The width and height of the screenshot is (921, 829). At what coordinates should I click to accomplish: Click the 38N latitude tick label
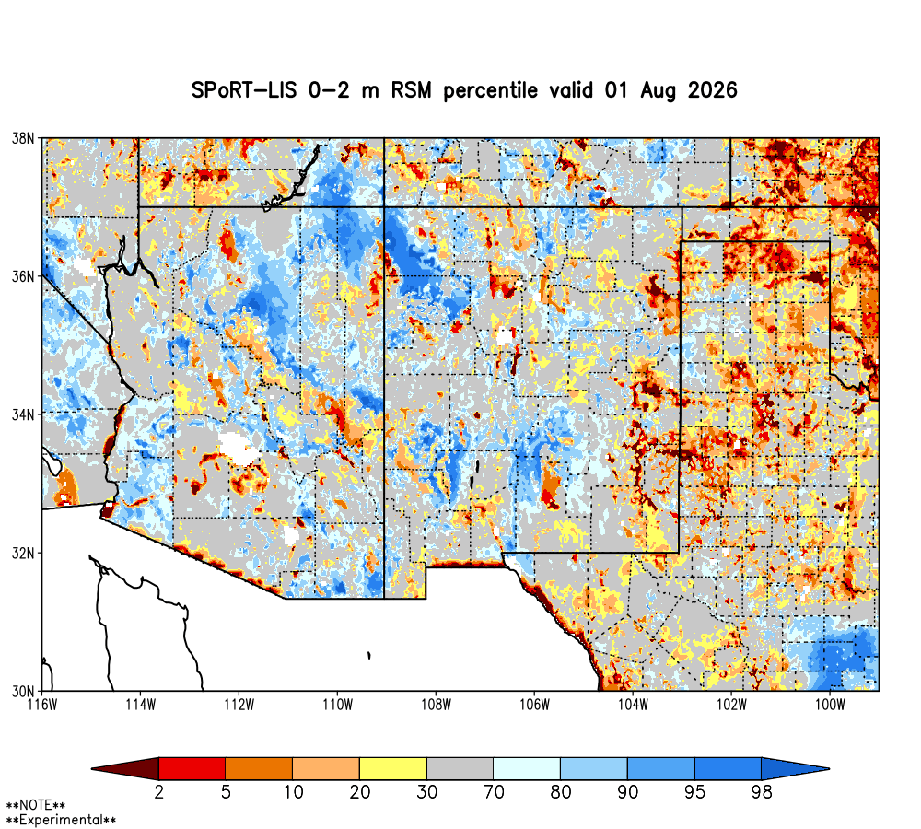point(24,139)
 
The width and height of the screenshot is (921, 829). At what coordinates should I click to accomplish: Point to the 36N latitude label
point(24,276)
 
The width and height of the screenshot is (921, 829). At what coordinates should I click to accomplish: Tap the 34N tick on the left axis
point(24,414)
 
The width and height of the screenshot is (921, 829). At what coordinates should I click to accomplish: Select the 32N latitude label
point(24,553)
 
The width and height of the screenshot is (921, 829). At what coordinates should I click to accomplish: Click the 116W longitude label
point(43,705)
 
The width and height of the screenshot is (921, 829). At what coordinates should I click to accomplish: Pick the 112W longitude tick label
point(239,705)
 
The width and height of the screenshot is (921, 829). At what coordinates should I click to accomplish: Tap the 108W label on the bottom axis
point(437,705)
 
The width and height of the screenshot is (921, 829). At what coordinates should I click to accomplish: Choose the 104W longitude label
point(634,705)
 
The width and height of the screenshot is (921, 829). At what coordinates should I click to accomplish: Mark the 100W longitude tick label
point(830,705)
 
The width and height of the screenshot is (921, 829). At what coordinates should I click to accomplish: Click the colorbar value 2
point(158,792)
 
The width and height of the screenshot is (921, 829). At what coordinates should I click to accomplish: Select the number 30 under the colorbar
point(427,792)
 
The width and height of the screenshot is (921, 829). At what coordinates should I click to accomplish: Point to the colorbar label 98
point(762,792)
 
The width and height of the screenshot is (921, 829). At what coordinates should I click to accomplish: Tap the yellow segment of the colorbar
point(393,768)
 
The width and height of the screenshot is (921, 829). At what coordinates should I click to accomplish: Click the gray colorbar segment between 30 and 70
point(460,768)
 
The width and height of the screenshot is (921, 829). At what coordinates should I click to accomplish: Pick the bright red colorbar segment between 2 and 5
point(192,768)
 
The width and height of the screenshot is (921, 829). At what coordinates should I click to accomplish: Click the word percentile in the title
point(491,91)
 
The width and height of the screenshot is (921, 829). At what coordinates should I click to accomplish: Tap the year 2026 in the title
point(713,90)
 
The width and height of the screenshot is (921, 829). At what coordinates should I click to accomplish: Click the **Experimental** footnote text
point(61,820)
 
